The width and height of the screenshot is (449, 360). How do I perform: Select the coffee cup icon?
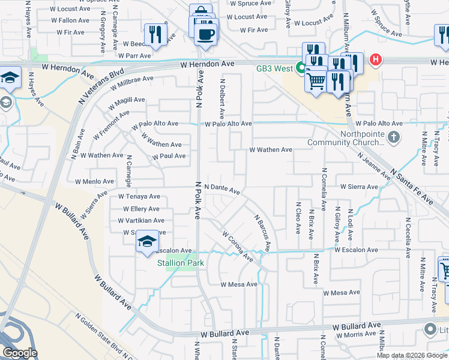tap(206, 34)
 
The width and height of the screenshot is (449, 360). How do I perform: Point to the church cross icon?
tap(394, 138)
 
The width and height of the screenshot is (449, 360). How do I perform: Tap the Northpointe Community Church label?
tap(345, 138)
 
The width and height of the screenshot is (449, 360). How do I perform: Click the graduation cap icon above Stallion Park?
tap(147, 242)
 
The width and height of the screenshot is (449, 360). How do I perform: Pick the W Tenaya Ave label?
tap(139, 196)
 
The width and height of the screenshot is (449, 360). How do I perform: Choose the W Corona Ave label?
tap(238, 247)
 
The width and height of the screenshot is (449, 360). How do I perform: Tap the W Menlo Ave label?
tap(94, 181)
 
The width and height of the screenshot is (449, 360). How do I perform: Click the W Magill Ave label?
tap(127, 100)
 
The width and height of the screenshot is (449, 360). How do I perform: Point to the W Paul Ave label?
tap(169, 156)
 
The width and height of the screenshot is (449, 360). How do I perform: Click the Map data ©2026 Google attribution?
tap(412, 355)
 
